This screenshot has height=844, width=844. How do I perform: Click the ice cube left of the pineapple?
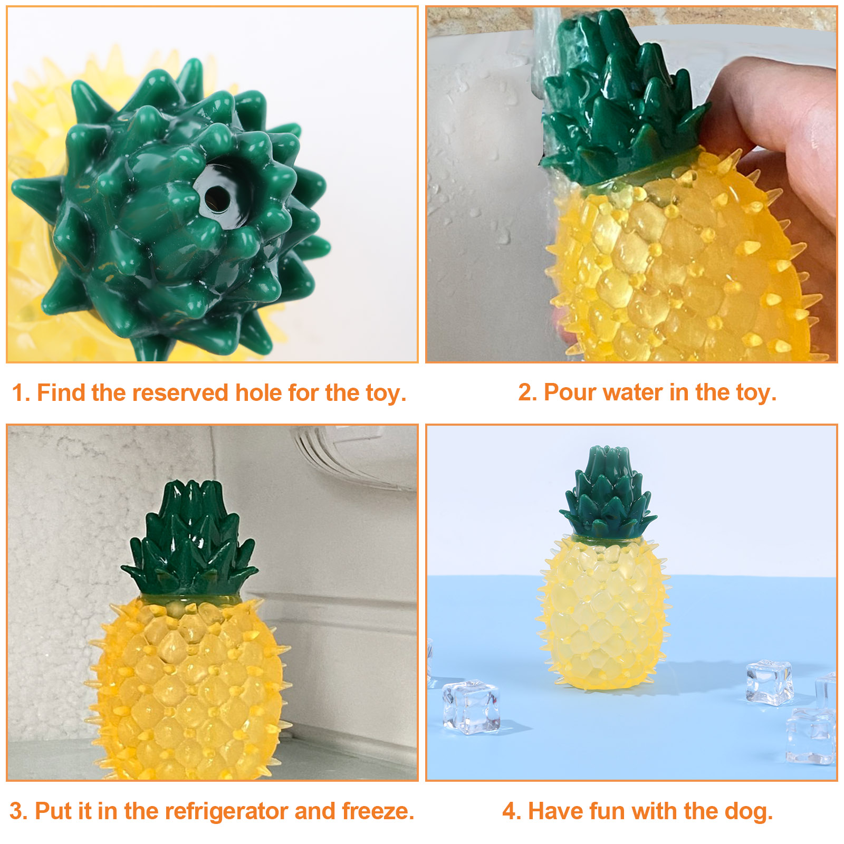coord(471,707)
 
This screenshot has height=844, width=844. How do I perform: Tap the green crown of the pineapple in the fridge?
coord(189,541)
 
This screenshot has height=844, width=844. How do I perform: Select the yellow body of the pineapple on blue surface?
coord(605,612)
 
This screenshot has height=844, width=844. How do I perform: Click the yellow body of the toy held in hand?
coord(680,264)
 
